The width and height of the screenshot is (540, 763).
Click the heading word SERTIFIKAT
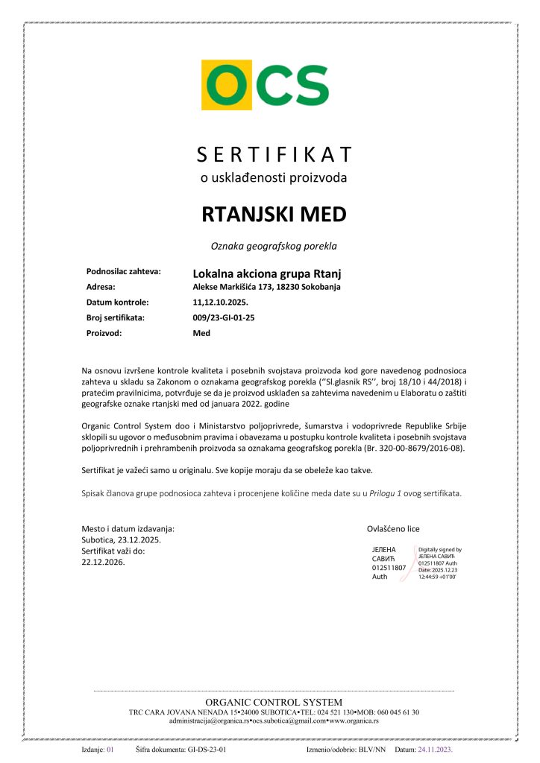pyautogui.click(x=274, y=154)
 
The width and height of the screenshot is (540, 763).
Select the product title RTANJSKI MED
pyautogui.click(x=274, y=215)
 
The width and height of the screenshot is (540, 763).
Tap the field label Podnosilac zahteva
pyautogui.click(x=124, y=272)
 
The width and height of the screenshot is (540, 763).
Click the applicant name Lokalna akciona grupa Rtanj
pyautogui.click(x=266, y=273)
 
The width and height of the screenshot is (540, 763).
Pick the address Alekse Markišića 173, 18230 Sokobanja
pyautogui.click(x=266, y=287)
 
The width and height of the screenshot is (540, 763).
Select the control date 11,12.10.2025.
pyautogui.click(x=220, y=303)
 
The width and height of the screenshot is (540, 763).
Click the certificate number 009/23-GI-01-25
pyautogui.click(x=224, y=317)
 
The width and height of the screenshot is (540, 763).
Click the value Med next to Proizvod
pyautogui.click(x=201, y=333)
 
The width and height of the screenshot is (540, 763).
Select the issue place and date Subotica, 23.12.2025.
pyautogui.click(x=120, y=539)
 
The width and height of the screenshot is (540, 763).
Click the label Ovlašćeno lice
pyautogui.click(x=393, y=528)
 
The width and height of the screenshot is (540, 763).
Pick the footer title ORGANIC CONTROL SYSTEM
pyautogui.click(x=274, y=702)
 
